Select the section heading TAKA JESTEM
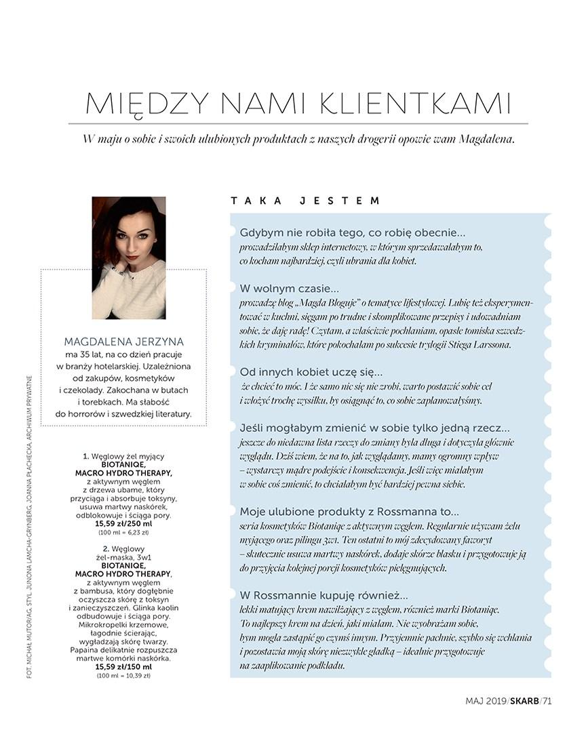pyautogui.click(x=305, y=201)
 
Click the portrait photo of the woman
pyautogui.click(x=129, y=258)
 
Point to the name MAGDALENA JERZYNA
pyautogui.click(x=123, y=342)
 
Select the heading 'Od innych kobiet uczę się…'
pyautogui.click(x=311, y=371)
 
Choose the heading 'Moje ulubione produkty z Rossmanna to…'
pyautogui.click(x=349, y=511)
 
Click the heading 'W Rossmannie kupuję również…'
pyautogui.click(x=324, y=596)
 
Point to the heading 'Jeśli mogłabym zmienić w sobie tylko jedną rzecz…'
pyautogui.click(x=374, y=428)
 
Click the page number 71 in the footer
pyautogui.click(x=547, y=701)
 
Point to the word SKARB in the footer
pyautogui.click(x=525, y=701)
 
